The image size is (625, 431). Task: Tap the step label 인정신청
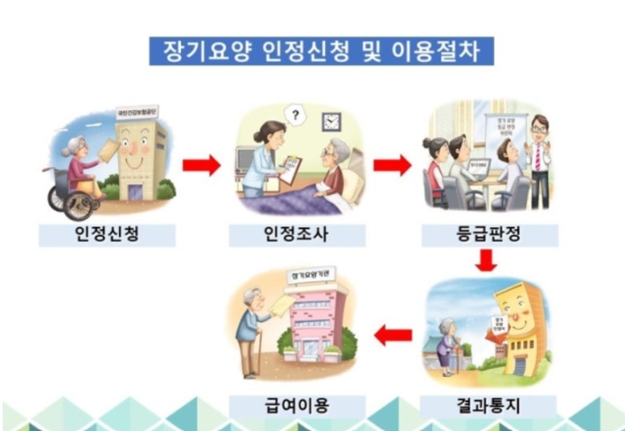106,236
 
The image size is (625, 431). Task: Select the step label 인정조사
296,236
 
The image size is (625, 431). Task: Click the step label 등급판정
490,236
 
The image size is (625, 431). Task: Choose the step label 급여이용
296,406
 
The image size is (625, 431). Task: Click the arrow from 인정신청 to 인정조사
201,165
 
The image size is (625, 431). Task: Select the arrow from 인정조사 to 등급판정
392,165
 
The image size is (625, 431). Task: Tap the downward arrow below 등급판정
487,261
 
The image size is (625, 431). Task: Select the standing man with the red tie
539,158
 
